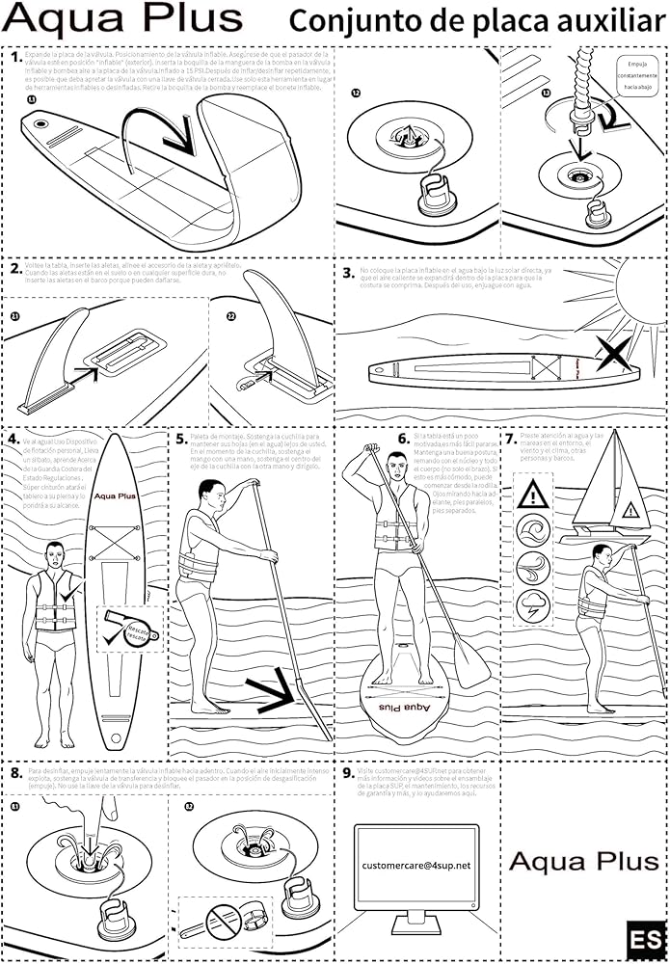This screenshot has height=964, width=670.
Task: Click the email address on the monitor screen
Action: pos(416,866)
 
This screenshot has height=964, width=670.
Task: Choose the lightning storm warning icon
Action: pos(533,607)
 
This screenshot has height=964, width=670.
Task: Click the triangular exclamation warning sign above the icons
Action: pos(533,495)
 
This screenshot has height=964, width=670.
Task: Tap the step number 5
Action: pos(181,439)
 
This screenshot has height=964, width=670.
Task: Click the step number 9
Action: pos(348,772)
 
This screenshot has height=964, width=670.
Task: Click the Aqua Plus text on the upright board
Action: pos(115,496)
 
